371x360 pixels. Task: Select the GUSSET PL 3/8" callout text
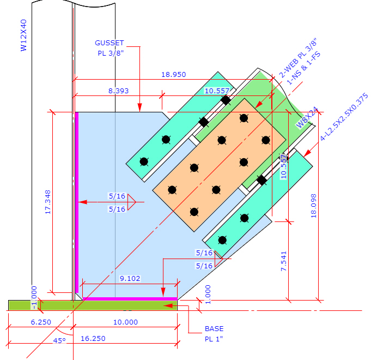(x=110, y=48)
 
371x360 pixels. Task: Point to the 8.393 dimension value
(x=118, y=91)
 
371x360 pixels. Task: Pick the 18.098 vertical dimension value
(x=313, y=206)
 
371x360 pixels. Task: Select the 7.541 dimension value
(x=283, y=261)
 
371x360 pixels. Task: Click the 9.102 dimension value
(x=130, y=278)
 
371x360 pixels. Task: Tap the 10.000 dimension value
(x=125, y=322)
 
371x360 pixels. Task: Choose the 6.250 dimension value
(x=40, y=322)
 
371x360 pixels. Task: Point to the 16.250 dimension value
(x=93, y=338)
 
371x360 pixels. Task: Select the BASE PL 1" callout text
(x=214, y=334)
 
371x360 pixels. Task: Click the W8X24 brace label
(x=306, y=118)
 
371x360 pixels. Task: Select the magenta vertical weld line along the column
(x=77, y=202)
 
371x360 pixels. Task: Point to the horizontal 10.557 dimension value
(x=217, y=91)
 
